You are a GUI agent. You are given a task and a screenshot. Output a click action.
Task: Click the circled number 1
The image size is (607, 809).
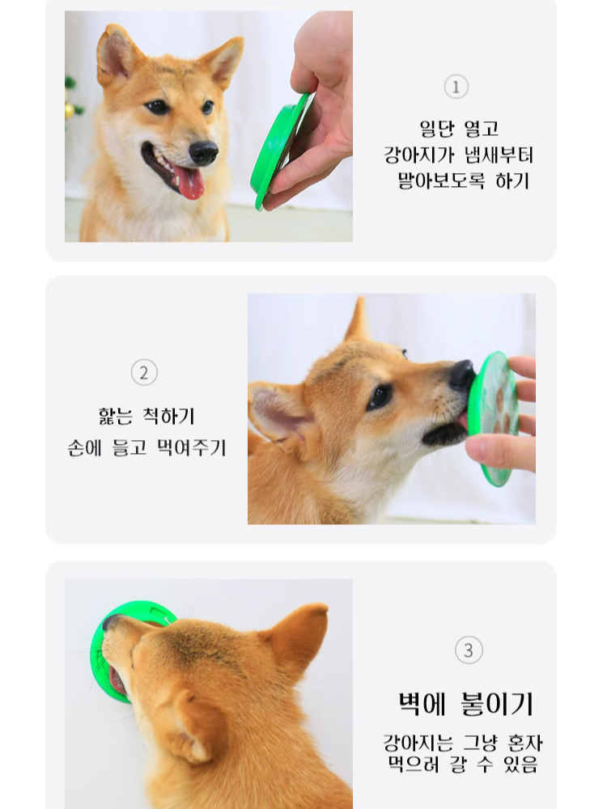point(456,87)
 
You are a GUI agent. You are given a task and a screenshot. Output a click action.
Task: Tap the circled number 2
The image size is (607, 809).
point(144,373)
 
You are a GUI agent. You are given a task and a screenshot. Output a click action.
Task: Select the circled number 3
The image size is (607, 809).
point(469,650)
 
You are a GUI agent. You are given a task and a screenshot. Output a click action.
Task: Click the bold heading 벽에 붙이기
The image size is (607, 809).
point(465,703)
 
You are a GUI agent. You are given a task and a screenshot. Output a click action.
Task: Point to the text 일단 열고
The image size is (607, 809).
point(458,129)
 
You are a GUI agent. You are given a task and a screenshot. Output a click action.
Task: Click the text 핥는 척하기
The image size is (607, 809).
point(146,417)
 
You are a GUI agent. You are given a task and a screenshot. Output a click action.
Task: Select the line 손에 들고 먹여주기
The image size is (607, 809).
point(146,447)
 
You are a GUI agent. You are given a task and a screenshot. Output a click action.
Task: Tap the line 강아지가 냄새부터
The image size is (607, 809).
point(458,155)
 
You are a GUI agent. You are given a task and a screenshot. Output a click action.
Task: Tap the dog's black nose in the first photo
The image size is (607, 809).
point(203,151)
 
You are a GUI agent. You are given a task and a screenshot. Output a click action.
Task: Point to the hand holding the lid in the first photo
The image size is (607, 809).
point(320,105)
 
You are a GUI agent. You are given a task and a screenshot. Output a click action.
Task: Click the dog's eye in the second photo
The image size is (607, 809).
point(378,396)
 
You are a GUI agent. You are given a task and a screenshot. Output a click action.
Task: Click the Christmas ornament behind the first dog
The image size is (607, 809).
point(70,109)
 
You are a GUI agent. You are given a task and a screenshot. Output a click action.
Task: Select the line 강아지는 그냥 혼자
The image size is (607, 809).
point(462,743)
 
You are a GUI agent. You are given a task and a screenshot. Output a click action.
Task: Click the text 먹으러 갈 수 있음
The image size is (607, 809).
point(462,764)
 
